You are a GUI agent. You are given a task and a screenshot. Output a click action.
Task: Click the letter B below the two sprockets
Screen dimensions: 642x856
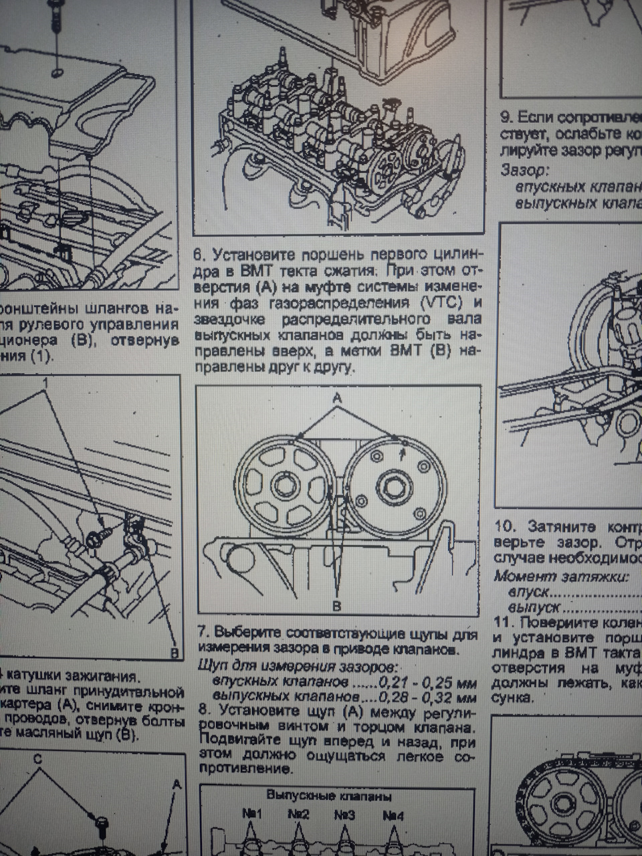[x=337, y=606]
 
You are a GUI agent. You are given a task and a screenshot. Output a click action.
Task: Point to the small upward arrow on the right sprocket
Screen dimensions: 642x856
[x=401, y=454]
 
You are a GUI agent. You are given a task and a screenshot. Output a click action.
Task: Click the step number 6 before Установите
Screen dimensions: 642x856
[x=199, y=255]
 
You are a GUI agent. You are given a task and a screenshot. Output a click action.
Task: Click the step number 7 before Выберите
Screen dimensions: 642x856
[x=202, y=633]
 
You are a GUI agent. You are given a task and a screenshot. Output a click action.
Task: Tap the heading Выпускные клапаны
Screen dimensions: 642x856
[x=328, y=796]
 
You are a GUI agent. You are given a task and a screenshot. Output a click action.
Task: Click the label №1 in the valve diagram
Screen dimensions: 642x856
[x=251, y=815]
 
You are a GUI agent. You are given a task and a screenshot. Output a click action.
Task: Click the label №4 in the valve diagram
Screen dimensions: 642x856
[x=393, y=815]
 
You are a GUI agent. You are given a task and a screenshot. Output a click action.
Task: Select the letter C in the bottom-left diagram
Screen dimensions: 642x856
[x=37, y=760]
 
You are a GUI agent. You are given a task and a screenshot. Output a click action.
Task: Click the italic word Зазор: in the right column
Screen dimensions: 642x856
[x=524, y=170]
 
